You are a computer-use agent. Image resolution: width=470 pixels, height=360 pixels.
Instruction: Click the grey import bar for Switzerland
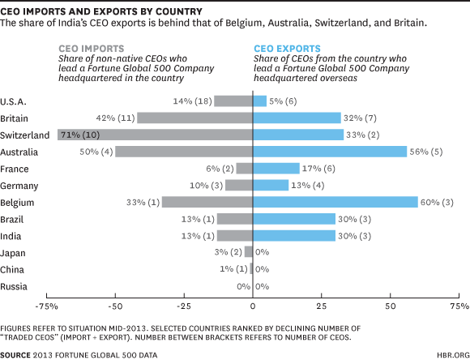[x=154, y=135]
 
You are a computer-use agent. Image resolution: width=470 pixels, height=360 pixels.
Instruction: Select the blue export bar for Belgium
[x=335, y=202]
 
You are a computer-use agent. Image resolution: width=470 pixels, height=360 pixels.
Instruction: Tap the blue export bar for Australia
[x=330, y=152]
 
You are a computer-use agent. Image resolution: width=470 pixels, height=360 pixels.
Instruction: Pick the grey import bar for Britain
[x=195, y=118]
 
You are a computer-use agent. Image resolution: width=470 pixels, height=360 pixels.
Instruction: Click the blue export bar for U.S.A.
[x=260, y=101]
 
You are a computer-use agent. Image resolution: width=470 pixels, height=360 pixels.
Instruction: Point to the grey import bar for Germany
[x=239, y=185]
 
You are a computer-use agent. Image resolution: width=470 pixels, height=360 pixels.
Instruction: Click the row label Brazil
[x=15, y=219]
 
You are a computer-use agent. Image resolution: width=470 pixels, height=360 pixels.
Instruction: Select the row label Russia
[x=15, y=286]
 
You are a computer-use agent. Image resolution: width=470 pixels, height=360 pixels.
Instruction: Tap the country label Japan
[x=15, y=253]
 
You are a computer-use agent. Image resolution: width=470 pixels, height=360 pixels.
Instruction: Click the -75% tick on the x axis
[x=47, y=308]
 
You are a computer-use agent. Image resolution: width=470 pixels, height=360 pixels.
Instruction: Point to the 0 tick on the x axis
[x=254, y=308]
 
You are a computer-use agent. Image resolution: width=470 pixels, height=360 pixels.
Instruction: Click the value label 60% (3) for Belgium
[x=438, y=202]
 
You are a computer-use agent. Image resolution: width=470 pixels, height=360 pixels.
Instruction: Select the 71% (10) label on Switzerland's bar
[x=78, y=135]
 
